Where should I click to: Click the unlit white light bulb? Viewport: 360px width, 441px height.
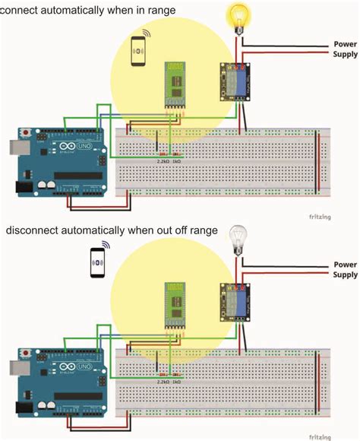point(239,236)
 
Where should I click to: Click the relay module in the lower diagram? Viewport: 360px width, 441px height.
point(232,300)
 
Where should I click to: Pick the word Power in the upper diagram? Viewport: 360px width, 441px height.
point(345,44)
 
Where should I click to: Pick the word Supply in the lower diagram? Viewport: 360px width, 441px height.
point(345,274)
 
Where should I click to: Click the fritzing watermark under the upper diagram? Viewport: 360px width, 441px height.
point(341,216)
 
